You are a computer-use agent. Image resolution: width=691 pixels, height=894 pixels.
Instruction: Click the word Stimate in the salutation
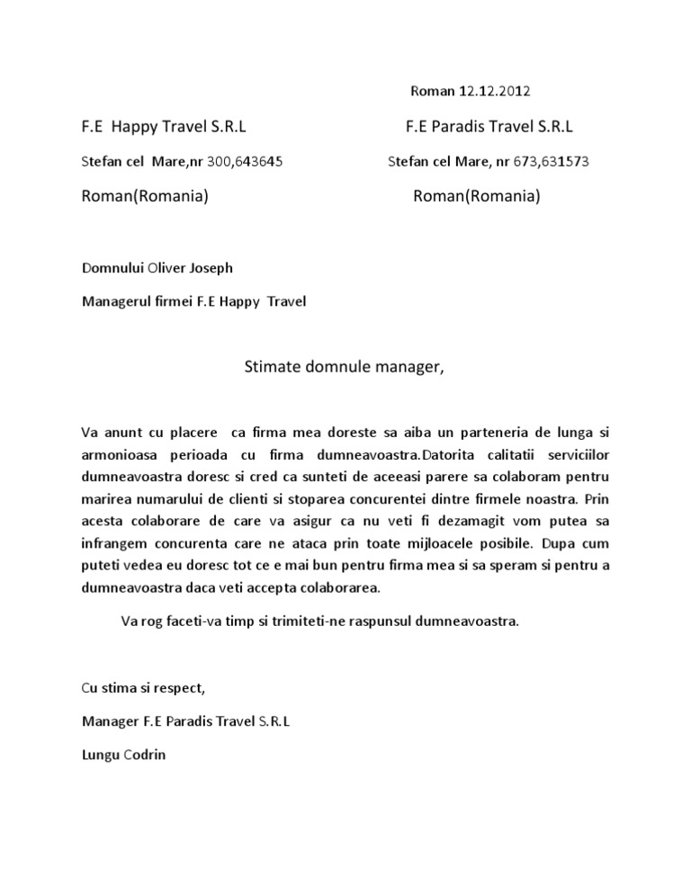click(271, 367)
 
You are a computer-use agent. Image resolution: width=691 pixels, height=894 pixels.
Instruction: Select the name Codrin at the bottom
click(146, 755)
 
